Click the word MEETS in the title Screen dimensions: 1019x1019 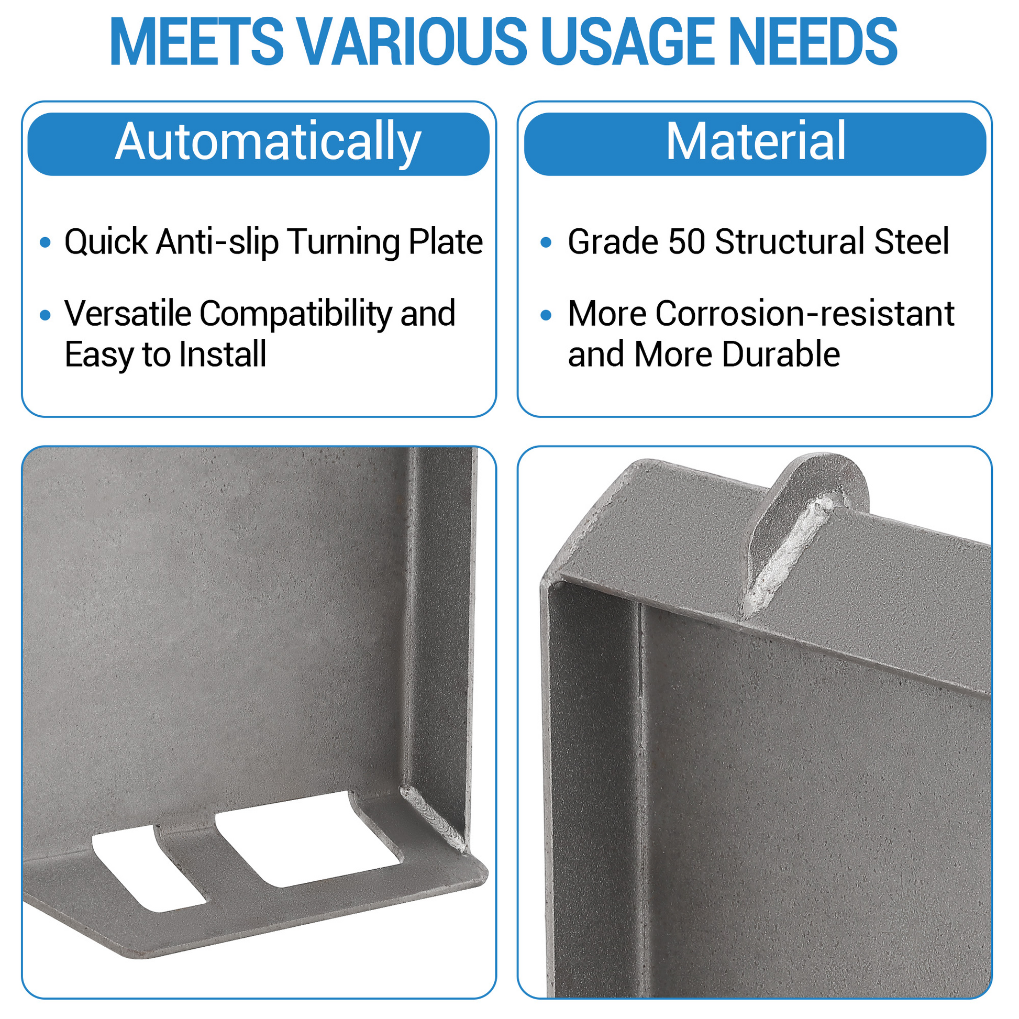coord(197,42)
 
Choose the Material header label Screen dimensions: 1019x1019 coord(756,141)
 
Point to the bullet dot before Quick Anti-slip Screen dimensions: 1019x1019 coord(46,242)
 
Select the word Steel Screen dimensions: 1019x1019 coord(912,242)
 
